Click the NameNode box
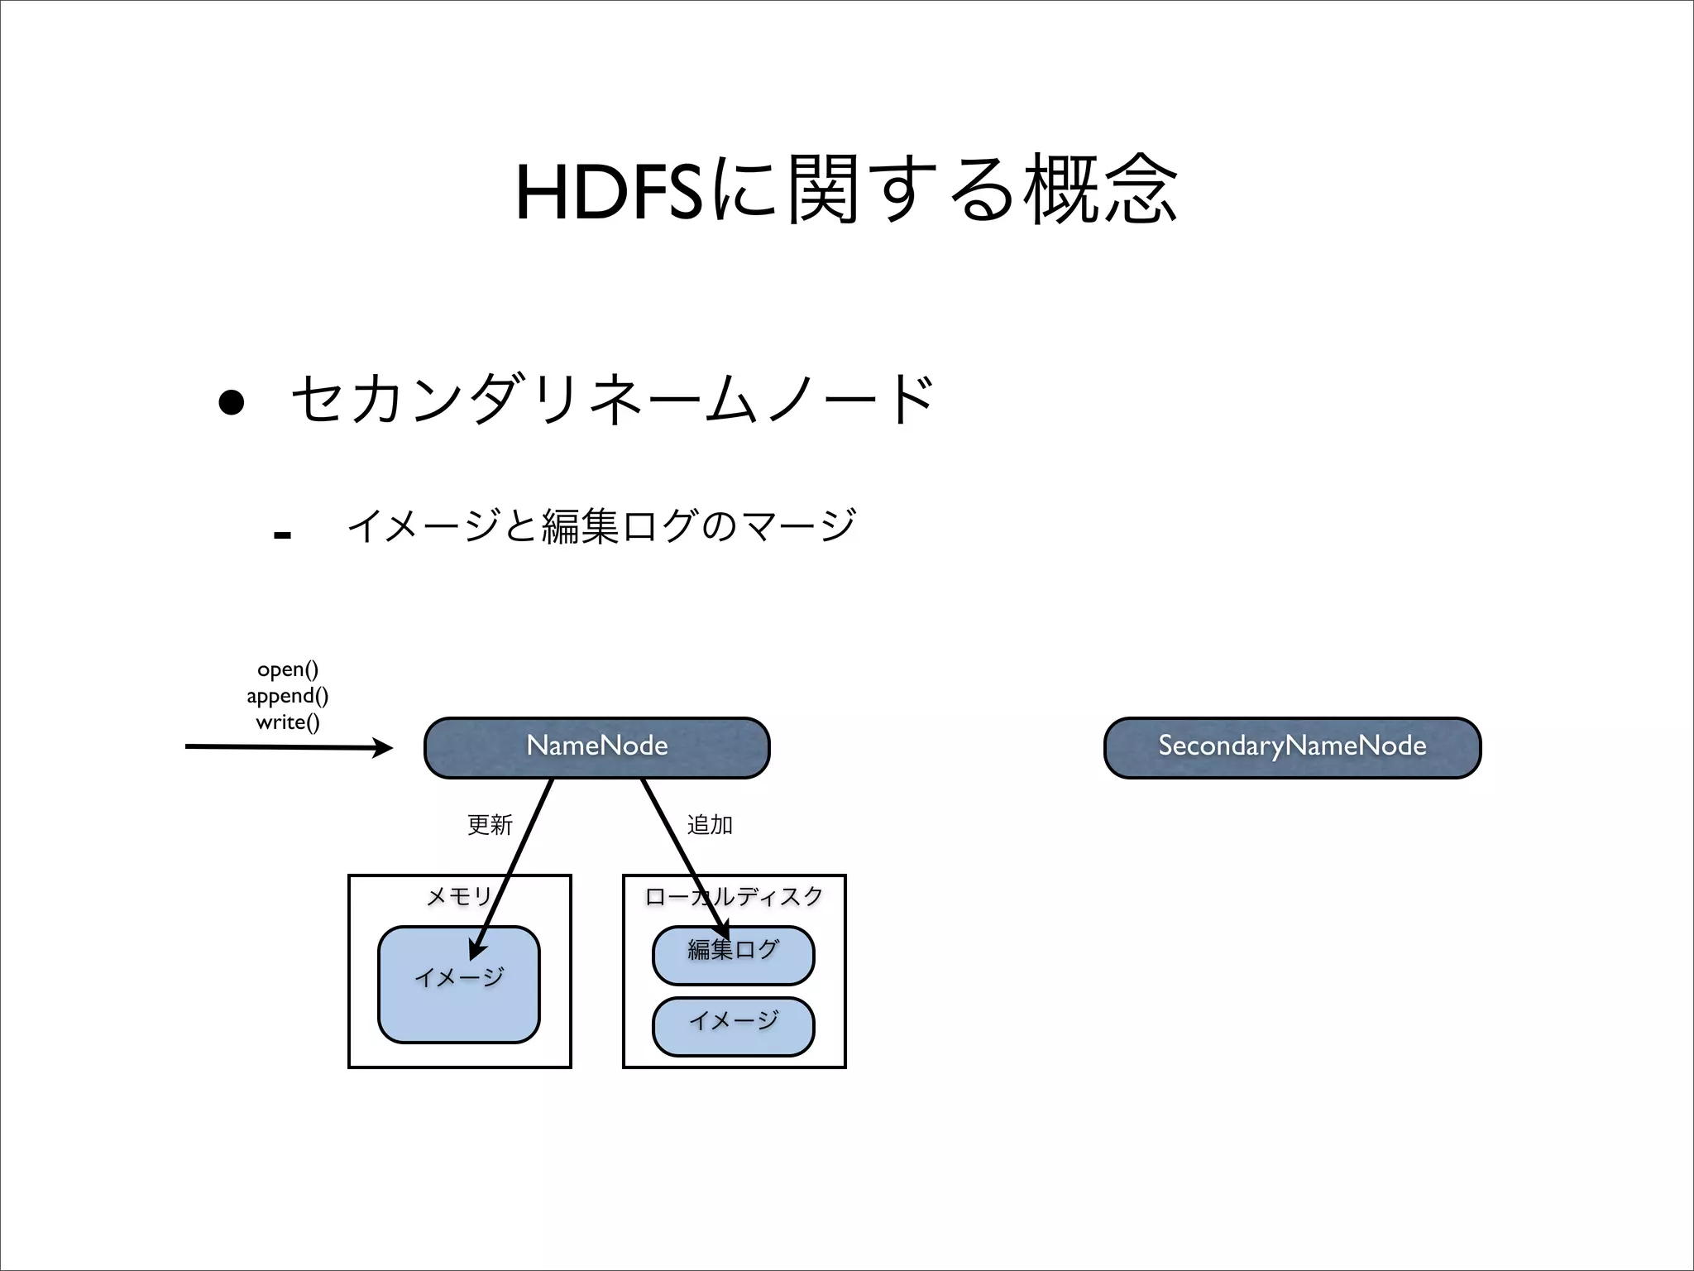[596, 747]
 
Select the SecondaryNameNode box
[1292, 747]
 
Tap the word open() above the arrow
[287, 669]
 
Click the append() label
[287, 695]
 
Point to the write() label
[287, 722]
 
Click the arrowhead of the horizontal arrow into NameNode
[384, 748]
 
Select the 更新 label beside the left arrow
[490, 824]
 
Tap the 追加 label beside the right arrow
[710, 824]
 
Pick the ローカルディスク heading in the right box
[734, 896]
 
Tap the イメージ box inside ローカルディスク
[734, 1027]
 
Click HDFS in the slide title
[608, 193]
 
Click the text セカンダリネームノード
[612, 400]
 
